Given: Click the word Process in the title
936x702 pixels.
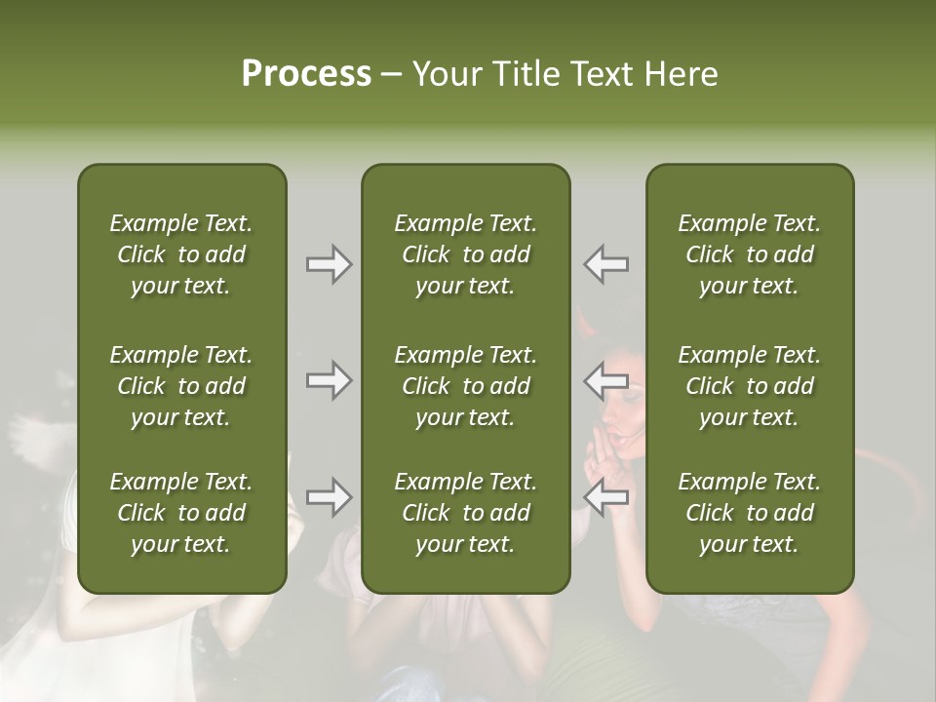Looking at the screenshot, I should click(306, 74).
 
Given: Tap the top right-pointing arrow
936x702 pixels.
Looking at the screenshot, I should click(329, 264).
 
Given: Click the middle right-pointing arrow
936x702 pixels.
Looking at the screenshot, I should click(329, 380).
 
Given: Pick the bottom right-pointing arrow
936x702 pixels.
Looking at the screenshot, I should click(329, 497).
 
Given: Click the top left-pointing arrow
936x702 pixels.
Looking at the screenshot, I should click(606, 264).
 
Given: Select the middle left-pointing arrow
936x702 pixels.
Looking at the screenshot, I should click(606, 380).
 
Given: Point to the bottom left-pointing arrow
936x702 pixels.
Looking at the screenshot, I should click(606, 497).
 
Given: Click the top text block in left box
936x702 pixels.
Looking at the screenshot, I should click(181, 254).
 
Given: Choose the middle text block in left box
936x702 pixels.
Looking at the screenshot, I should click(181, 386).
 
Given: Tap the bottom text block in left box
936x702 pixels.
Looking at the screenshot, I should click(181, 513).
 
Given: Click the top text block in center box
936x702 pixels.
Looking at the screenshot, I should click(465, 254).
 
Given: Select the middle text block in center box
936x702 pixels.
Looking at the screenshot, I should click(465, 386).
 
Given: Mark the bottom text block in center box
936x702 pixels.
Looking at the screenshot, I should click(465, 513).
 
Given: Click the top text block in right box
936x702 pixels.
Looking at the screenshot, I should click(749, 254).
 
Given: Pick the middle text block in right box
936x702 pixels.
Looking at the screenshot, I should click(749, 386).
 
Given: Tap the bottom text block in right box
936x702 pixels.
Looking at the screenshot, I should click(749, 513).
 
